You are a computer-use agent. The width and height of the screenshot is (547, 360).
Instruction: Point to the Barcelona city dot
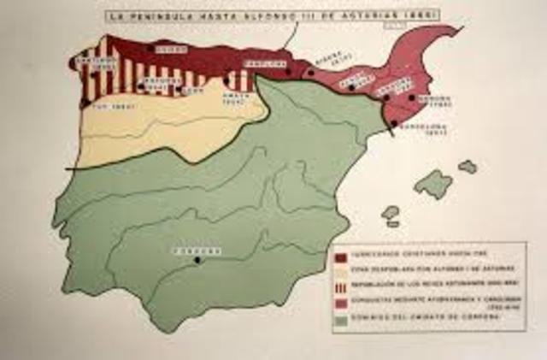pyautogui.click(x=393, y=123)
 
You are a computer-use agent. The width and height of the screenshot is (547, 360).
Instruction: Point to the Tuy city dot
pyautogui.click(x=84, y=103)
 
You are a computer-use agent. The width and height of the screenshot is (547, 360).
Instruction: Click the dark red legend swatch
pyautogui.click(x=340, y=256)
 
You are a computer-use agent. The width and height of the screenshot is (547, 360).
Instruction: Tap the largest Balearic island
pyautogui.click(x=434, y=183)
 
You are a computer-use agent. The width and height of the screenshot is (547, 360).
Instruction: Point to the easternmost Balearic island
pyautogui.click(x=468, y=167)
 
